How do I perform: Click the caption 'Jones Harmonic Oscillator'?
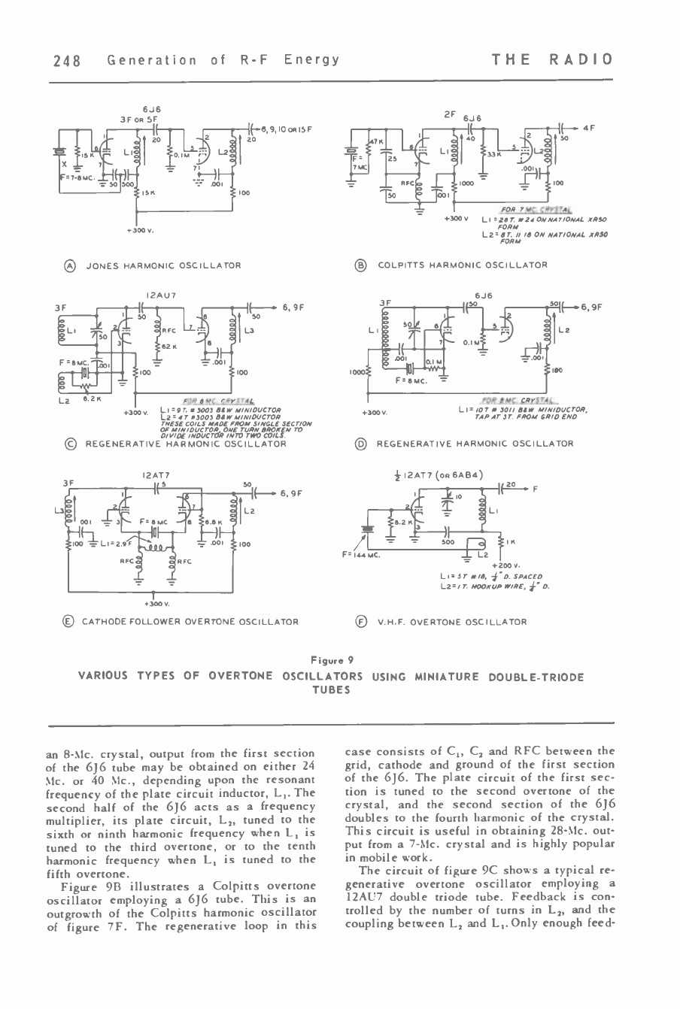pos(163,265)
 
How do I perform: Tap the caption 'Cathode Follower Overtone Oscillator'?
pos(190,622)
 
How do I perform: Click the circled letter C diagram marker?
pos(69,444)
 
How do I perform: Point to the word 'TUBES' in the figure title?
pos(332,690)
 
